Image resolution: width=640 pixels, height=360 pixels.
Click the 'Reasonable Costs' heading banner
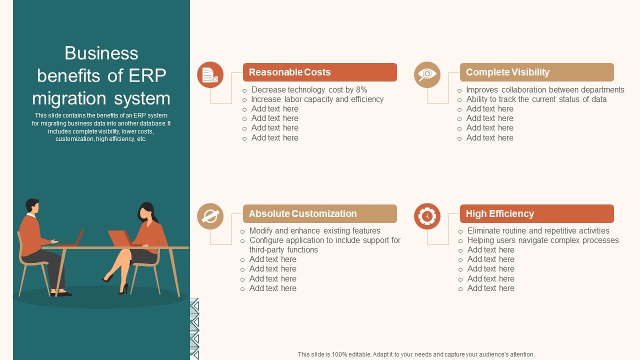319,72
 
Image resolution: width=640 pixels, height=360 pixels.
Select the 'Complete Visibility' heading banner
536,72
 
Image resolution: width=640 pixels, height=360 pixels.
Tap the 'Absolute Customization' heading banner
319,213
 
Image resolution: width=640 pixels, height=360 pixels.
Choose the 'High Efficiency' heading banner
536,213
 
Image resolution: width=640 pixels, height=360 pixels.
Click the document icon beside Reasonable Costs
210,75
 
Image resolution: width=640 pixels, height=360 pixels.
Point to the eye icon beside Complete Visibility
427,75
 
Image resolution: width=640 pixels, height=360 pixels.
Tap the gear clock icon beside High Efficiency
427,216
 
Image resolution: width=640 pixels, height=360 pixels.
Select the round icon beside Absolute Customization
210,216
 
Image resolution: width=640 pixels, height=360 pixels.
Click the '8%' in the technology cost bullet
361,90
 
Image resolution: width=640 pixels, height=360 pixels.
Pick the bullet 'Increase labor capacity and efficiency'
317,99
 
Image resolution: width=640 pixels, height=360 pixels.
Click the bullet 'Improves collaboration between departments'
545,90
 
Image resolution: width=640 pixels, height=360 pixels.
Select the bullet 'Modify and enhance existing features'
314,231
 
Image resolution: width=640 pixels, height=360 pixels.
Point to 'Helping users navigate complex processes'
543,240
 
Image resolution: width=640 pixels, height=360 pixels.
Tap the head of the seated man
32,205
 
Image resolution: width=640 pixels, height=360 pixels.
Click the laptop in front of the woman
120,238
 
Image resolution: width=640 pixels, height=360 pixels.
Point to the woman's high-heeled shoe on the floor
123,289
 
